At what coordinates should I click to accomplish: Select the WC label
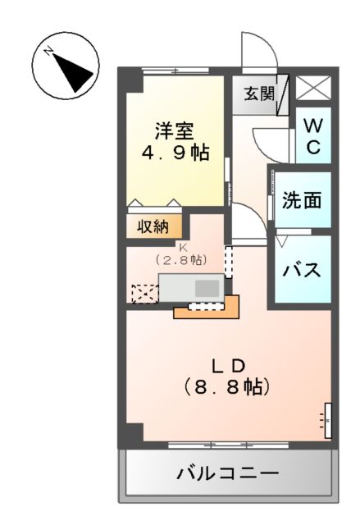313,136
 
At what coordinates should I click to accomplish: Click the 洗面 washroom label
302,200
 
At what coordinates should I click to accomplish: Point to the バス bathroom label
302,270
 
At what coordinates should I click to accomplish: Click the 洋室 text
175,130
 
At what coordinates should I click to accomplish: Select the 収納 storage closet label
153,226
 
